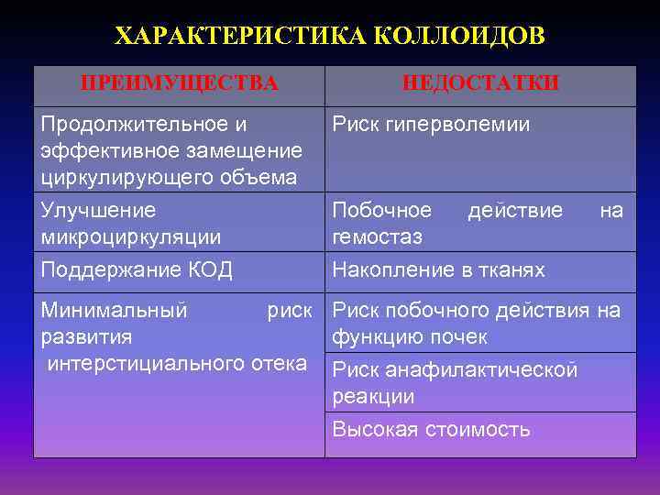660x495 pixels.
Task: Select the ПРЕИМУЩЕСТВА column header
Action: (x=180, y=83)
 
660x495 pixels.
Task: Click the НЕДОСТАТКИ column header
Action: (x=480, y=83)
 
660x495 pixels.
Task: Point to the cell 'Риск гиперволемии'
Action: (x=431, y=124)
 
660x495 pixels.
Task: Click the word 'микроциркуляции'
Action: (x=131, y=237)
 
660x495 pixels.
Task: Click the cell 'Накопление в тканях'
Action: (x=438, y=269)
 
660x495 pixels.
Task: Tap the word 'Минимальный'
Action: (x=115, y=311)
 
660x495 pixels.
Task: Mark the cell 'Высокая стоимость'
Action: (x=431, y=429)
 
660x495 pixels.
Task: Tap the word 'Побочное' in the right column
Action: (x=381, y=211)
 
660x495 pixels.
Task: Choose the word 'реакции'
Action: (x=373, y=397)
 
